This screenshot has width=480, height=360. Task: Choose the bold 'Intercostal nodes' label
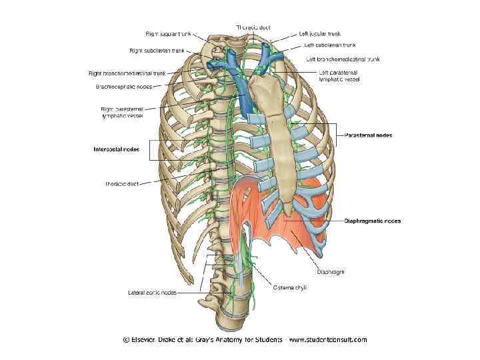pyautogui.click(x=116, y=149)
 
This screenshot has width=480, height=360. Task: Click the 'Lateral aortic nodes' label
pyautogui.click(x=153, y=291)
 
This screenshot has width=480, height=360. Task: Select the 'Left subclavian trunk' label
pyautogui.click(x=330, y=45)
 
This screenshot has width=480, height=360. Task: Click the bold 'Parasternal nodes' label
pyautogui.click(x=369, y=135)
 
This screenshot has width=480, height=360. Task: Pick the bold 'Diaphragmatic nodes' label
pyautogui.click(x=373, y=221)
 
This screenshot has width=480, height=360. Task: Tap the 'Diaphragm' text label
pyautogui.click(x=331, y=271)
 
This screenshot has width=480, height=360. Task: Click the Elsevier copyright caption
pyautogui.click(x=245, y=339)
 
